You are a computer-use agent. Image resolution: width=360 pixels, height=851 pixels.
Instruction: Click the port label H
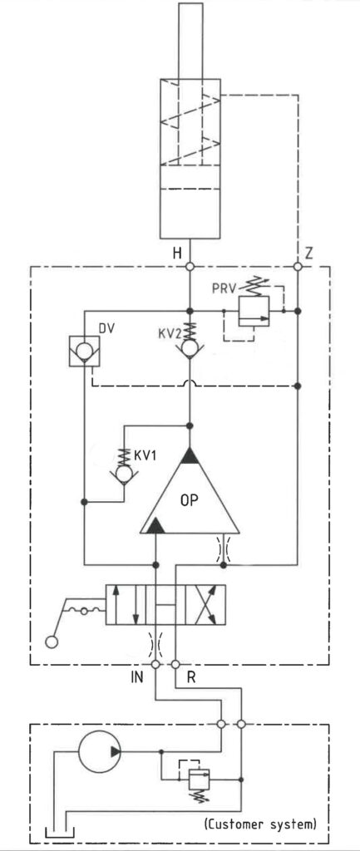click(177, 253)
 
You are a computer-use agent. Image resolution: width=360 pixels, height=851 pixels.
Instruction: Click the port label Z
click(308, 253)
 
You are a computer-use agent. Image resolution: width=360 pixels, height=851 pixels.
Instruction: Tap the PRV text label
click(224, 288)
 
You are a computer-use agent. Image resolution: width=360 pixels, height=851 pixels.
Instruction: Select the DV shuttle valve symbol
click(84, 351)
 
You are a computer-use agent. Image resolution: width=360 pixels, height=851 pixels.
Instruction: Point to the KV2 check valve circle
click(190, 348)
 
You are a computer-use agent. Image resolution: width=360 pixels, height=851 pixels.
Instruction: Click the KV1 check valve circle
click(124, 475)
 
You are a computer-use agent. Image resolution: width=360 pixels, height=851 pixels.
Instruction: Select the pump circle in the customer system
click(100, 751)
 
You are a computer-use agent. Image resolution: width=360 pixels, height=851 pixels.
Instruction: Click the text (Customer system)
click(260, 824)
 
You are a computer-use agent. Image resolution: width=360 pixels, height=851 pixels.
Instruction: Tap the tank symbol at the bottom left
click(59, 833)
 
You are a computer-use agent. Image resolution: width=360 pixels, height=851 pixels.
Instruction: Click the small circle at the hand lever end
click(52, 642)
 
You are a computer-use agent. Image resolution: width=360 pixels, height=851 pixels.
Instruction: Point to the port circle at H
click(190, 267)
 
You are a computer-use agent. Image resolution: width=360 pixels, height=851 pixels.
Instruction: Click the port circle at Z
click(298, 267)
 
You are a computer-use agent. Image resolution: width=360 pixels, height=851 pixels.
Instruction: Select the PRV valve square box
click(254, 311)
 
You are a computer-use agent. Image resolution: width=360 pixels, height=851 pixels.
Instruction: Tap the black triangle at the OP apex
click(190, 456)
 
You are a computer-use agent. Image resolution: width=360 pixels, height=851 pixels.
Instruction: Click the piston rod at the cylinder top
click(190, 41)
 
